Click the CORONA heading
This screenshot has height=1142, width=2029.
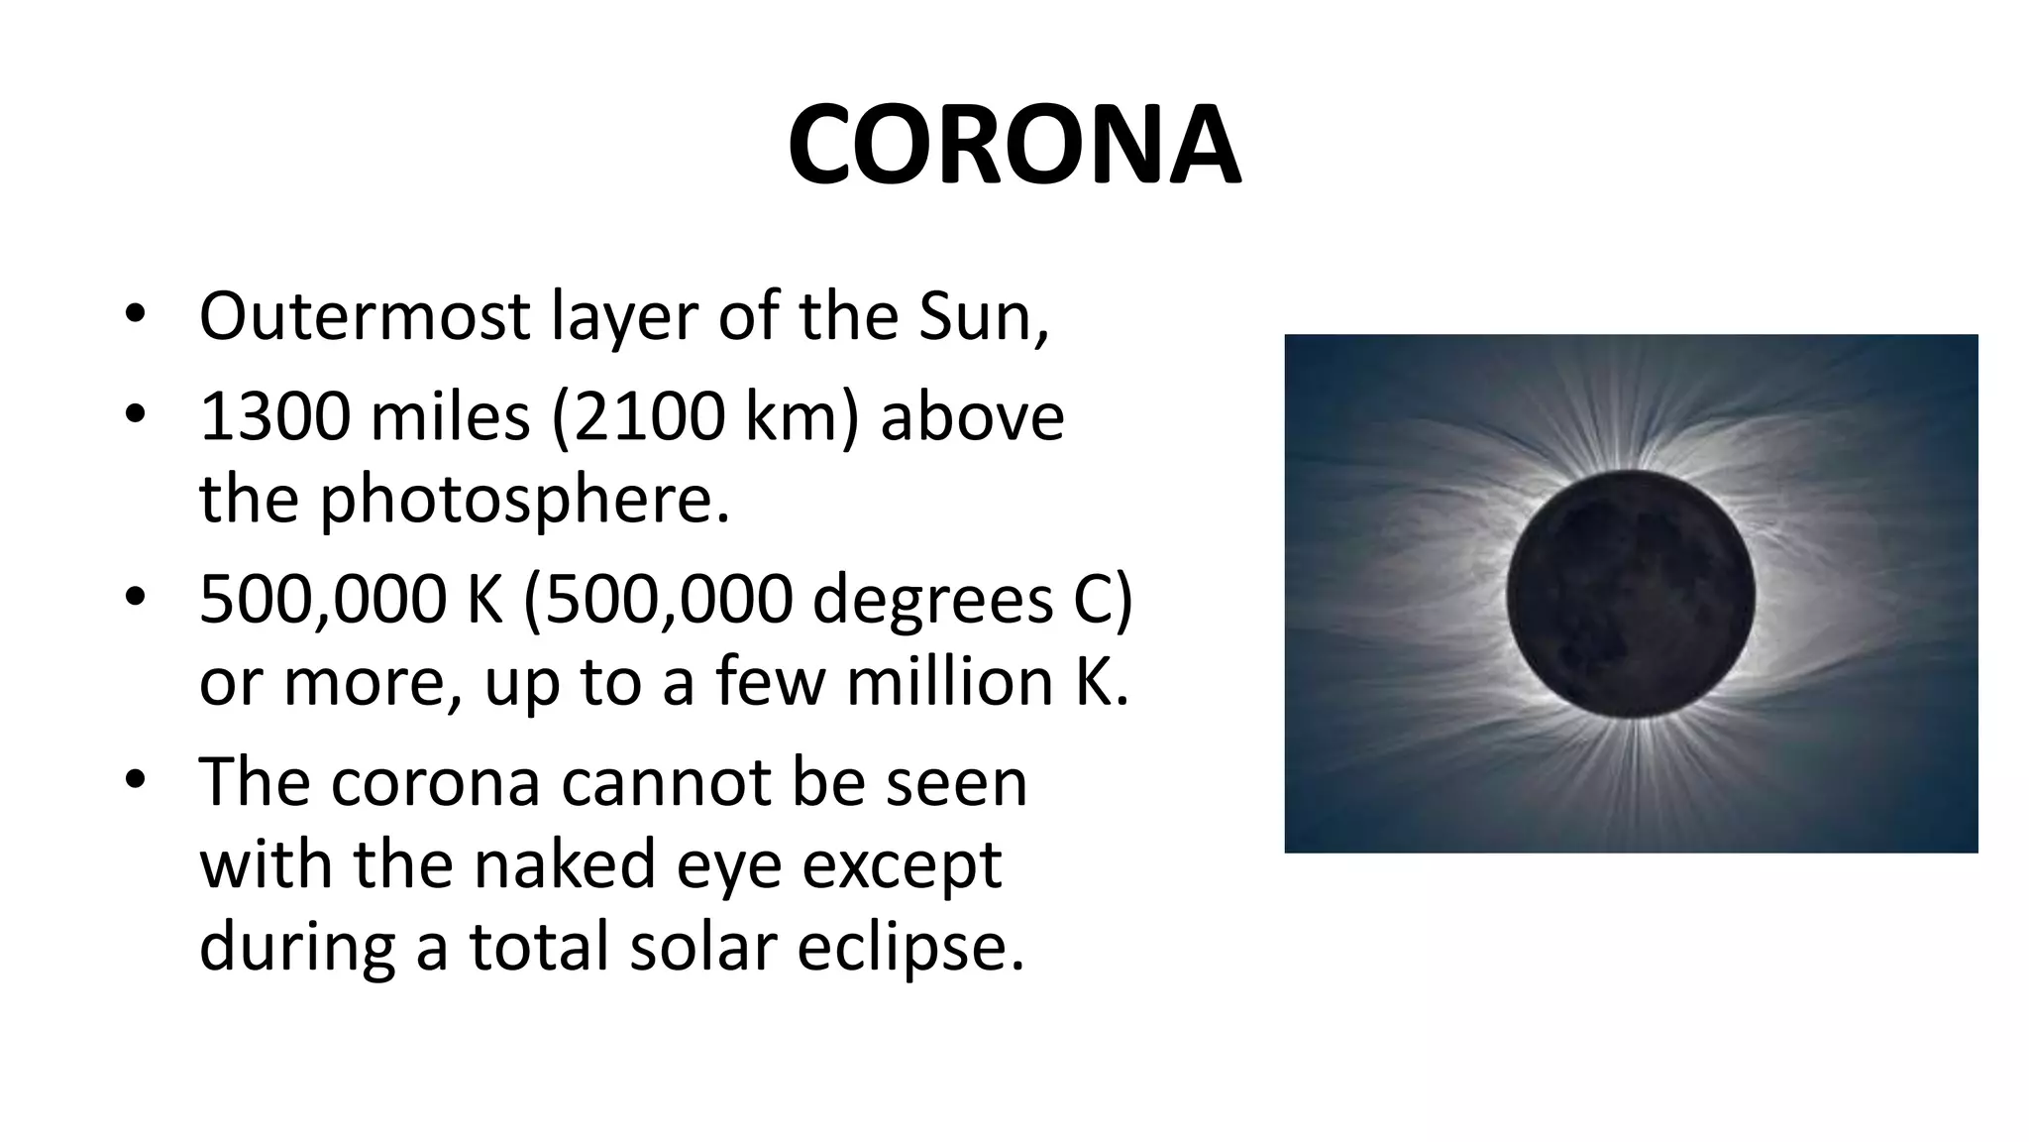click(1014, 147)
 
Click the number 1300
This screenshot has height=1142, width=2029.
click(274, 416)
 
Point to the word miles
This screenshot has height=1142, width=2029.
click(450, 416)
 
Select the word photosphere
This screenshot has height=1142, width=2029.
click(523, 499)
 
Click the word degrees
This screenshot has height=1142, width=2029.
click(932, 600)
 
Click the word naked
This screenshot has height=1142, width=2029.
click(565, 863)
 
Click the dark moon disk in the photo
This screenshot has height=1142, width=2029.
click(1631, 595)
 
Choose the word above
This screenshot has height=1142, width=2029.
click(972, 416)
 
